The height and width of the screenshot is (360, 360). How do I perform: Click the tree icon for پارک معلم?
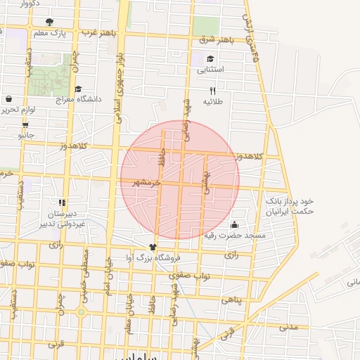(x=49, y=22)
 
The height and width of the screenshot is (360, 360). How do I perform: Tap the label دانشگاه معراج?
(x=78, y=99)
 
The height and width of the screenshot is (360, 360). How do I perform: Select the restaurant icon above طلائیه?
(x=212, y=91)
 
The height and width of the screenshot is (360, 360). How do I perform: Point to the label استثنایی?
(x=211, y=70)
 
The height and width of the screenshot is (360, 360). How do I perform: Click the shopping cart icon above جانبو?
(x=26, y=125)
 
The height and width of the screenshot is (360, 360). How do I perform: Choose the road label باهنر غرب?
(x=97, y=33)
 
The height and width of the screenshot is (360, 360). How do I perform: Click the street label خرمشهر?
(x=148, y=181)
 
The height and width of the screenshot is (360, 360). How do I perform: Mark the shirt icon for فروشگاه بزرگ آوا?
(x=154, y=247)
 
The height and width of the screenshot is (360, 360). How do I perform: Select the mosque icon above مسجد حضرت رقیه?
(x=233, y=224)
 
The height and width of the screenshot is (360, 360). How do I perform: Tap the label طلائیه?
(x=212, y=101)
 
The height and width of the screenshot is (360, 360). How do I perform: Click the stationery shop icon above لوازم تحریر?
(x=8, y=99)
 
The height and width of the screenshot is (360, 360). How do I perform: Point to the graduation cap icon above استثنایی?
(x=210, y=59)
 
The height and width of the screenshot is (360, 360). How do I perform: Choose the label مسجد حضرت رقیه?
(x=234, y=235)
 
